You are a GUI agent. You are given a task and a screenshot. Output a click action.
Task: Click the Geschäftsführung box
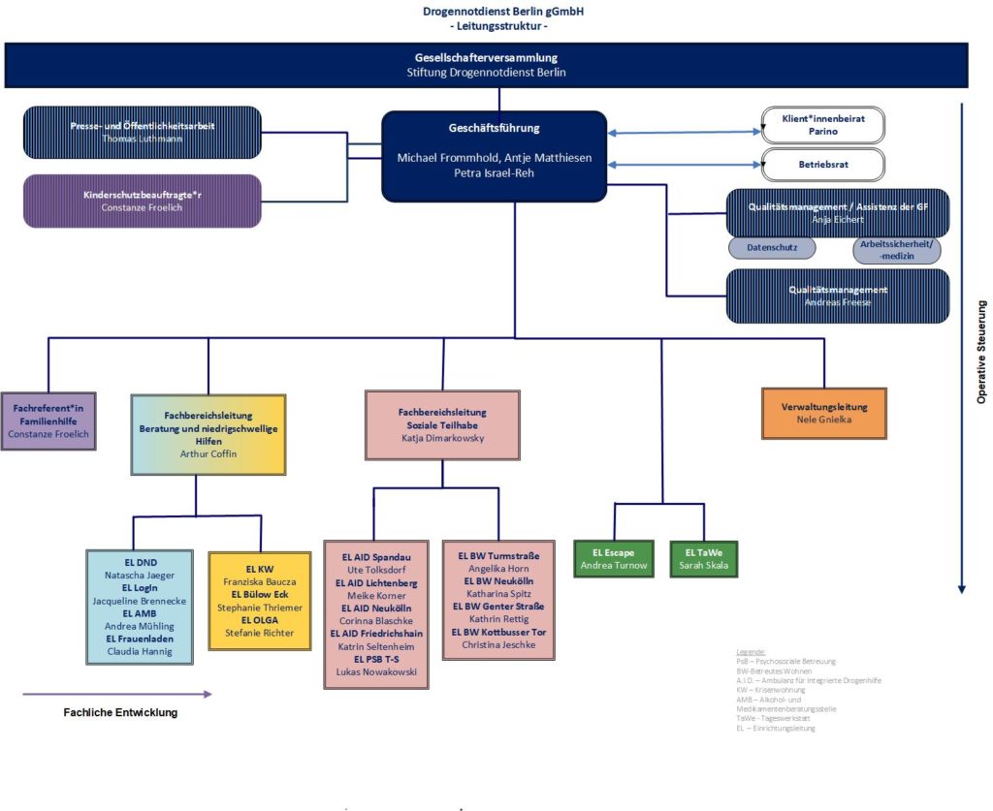click(x=494, y=156)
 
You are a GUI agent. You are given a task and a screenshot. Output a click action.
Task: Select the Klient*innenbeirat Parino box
click(x=822, y=124)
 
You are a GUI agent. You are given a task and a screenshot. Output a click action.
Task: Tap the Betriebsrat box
click(x=822, y=165)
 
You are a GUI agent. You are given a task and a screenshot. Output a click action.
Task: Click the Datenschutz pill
click(x=772, y=248)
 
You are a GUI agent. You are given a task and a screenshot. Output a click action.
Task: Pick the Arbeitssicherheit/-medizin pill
click(x=897, y=249)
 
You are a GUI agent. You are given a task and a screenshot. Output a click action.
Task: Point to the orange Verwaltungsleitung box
click(x=824, y=414)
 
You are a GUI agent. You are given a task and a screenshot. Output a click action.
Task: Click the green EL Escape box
click(x=615, y=558)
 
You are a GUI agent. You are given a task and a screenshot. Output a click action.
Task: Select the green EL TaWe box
click(x=704, y=558)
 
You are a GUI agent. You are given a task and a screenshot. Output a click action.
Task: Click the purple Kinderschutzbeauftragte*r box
click(x=142, y=201)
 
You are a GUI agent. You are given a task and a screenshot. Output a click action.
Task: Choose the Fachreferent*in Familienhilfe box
click(x=48, y=421)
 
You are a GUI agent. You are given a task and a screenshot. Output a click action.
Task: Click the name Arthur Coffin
click(x=208, y=452)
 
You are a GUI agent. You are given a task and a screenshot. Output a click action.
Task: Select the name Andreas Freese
click(x=837, y=302)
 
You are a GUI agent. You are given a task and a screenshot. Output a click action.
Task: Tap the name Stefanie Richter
click(x=260, y=633)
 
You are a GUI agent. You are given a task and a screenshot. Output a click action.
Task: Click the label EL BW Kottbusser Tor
click(x=497, y=632)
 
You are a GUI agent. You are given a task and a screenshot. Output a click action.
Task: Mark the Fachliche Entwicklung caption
click(x=113, y=712)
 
